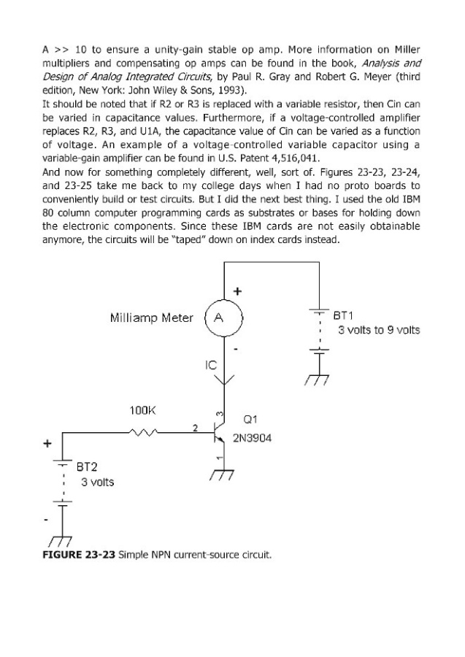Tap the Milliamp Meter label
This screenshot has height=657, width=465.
pyautogui.click(x=152, y=318)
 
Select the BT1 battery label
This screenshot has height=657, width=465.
pyautogui.click(x=343, y=315)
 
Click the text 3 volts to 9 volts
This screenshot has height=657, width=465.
pyautogui.click(x=379, y=330)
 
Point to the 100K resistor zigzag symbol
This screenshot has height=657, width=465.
pyautogui.click(x=143, y=431)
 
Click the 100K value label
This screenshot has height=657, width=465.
pyautogui.click(x=142, y=410)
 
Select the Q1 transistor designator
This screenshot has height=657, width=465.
pyautogui.click(x=250, y=420)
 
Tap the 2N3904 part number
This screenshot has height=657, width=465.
pyautogui.click(x=252, y=438)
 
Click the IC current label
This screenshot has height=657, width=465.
pyautogui.click(x=211, y=366)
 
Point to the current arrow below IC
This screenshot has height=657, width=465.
pyautogui.click(x=224, y=380)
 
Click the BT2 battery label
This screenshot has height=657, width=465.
pyautogui.click(x=87, y=466)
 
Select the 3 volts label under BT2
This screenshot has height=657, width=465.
pyautogui.click(x=97, y=483)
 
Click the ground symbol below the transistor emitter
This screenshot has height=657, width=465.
pyautogui.click(x=222, y=475)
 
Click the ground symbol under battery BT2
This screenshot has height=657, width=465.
pyautogui.click(x=61, y=542)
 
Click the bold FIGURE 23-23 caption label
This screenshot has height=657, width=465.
pyautogui.click(x=79, y=555)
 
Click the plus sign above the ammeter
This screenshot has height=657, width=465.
pyautogui.click(x=237, y=291)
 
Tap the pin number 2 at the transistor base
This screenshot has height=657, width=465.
pyautogui.click(x=195, y=428)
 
